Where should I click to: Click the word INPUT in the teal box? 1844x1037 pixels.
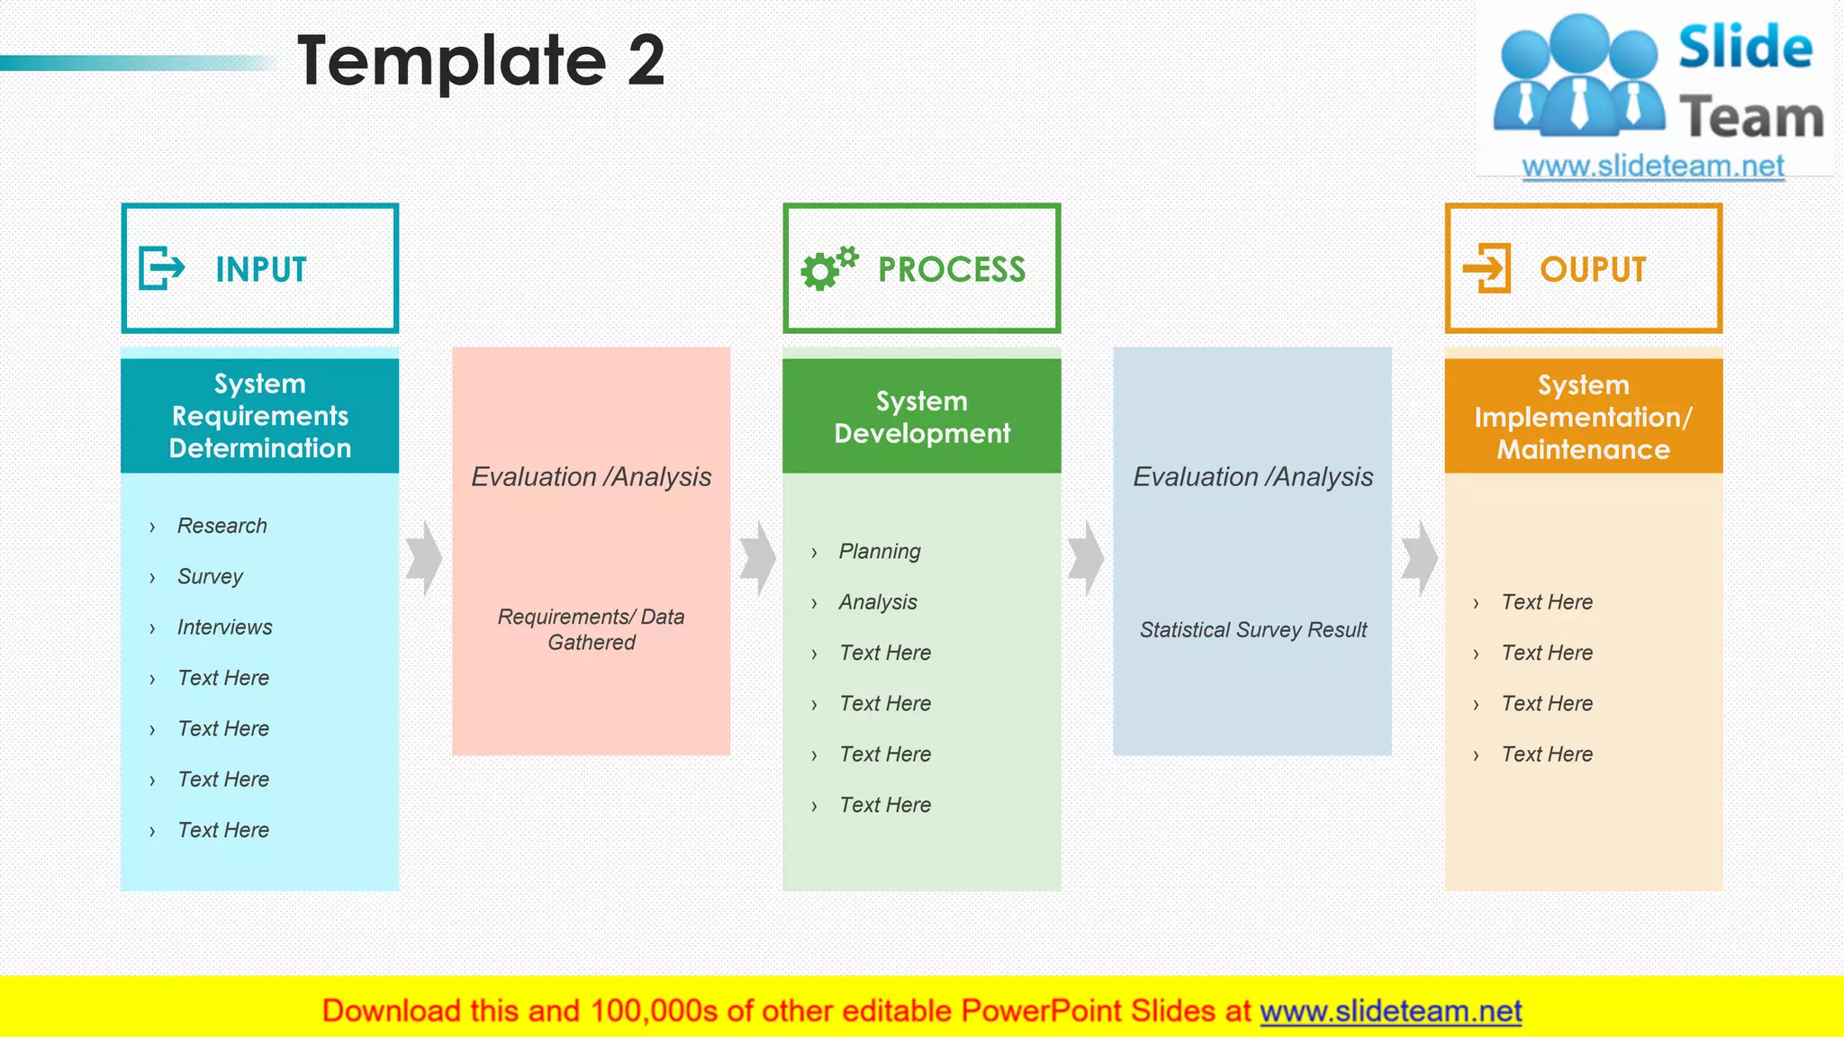[261, 269]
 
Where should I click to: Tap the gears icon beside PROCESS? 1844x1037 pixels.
[828, 268]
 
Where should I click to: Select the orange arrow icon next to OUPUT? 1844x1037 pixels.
[1487, 268]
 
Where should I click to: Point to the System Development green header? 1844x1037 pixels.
[921, 417]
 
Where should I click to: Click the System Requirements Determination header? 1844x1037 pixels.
[259, 416]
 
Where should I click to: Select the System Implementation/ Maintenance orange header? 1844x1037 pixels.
[1583, 417]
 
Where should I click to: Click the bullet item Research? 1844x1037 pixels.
[221, 526]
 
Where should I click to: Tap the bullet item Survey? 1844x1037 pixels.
[210, 576]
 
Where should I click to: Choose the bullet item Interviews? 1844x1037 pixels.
[224, 627]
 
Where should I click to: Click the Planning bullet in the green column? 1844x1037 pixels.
[879, 551]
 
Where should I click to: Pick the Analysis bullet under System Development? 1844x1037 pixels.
[877, 602]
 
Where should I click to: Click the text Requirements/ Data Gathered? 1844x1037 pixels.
[591, 629]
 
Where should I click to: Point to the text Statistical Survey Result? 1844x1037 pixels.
[1252, 630]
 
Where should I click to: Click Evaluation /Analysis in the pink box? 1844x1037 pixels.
[591, 477]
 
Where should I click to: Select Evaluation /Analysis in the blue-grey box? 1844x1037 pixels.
[1252, 477]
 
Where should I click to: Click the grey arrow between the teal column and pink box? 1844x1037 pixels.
[424, 558]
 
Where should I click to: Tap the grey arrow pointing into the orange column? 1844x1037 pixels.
[1419, 558]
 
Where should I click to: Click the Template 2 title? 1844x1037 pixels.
[481, 61]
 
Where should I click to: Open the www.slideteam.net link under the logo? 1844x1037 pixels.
[1653, 167]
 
